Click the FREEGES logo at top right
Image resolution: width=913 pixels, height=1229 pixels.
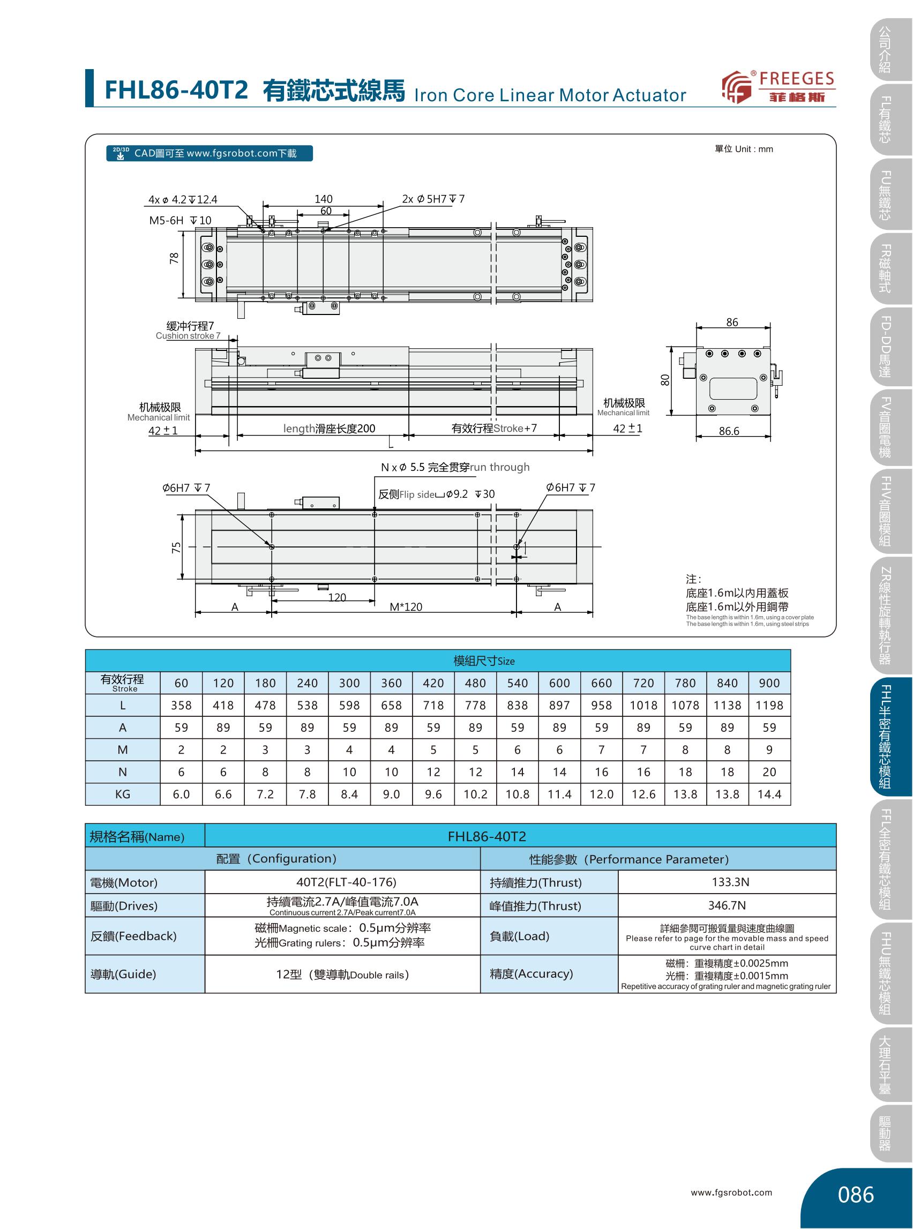coord(778,87)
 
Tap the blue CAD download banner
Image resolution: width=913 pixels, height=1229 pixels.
coord(209,153)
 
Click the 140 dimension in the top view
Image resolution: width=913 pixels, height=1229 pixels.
coord(323,199)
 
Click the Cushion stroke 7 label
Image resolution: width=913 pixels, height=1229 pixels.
coord(188,336)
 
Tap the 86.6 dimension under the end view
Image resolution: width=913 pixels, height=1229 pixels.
coord(729,431)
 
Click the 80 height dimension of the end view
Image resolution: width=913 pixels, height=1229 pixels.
coord(665,380)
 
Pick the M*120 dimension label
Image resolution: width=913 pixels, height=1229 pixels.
coord(406,607)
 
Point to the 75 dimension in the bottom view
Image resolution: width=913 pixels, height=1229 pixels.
coord(176,548)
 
